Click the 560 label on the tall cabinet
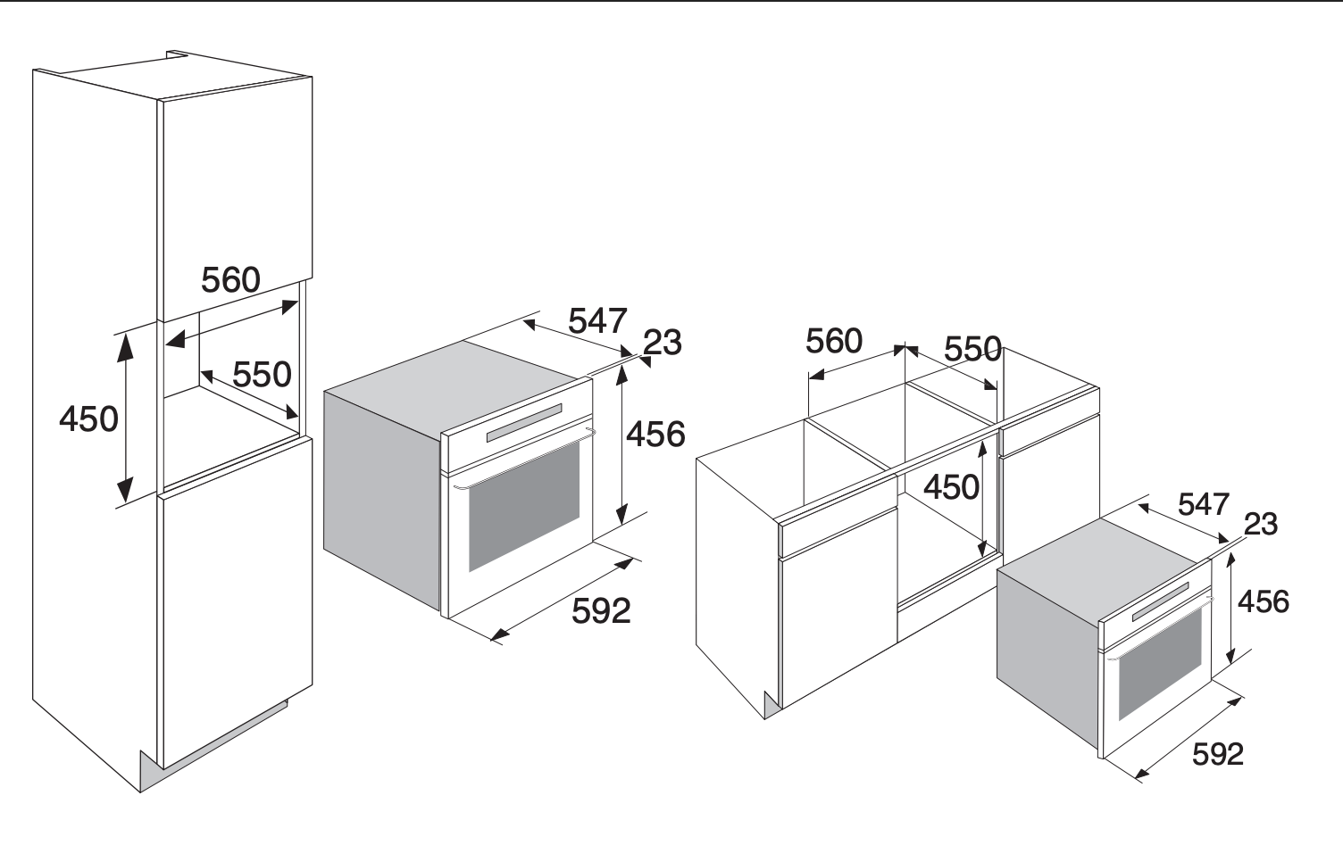[230, 279]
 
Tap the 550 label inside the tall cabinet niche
[262, 375]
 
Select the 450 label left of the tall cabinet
[88, 419]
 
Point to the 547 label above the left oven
[597, 320]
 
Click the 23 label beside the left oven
[663, 343]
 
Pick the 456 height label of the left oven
[656, 434]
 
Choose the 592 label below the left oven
[601, 611]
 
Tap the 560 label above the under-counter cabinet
[834, 341]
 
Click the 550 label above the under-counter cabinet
[972, 349]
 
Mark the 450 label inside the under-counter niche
[952, 487]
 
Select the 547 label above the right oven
[1204, 504]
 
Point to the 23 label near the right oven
[1261, 524]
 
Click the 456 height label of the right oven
[1264, 601]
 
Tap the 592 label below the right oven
[1218, 754]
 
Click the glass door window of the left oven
[524, 506]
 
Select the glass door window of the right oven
[1160, 664]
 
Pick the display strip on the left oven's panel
[524, 423]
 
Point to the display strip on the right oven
[1160, 602]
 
